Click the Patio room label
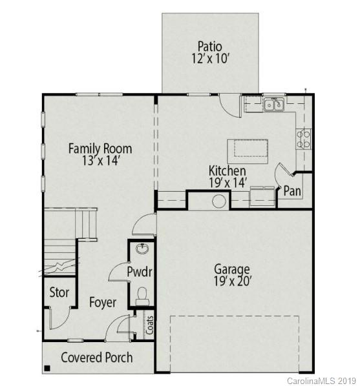(210, 46)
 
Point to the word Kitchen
(227, 171)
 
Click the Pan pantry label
(291, 191)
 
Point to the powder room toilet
(143, 296)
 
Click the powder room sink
(142, 249)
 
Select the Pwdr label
(140, 272)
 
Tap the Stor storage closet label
(59, 292)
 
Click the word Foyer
(103, 302)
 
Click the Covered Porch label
(96, 358)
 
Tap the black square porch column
(47, 369)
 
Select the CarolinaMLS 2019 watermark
(322, 381)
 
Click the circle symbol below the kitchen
(218, 201)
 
